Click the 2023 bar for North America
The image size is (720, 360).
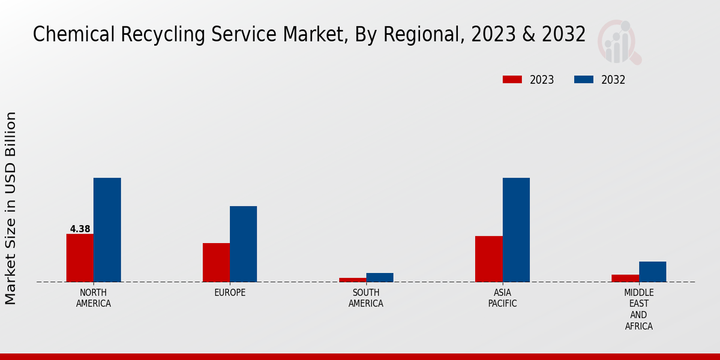pos(80,258)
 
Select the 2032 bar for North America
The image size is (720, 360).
pos(107,230)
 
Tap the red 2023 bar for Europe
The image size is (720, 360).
pos(216,262)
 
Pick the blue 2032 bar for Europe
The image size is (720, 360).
pos(243,244)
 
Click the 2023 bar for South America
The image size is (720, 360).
pos(352,280)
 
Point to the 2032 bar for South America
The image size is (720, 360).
pos(380,277)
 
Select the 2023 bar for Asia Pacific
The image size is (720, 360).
pos(488,259)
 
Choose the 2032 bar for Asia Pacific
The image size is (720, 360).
pos(516,230)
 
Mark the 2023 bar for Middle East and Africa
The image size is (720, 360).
pos(625,278)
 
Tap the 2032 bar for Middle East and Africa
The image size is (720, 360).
pos(652,272)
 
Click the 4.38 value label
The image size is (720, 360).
pos(80,229)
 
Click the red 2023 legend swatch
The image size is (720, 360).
pos(512,80)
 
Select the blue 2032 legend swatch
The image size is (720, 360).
pos(584,80)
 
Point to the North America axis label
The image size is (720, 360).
pos(94,298)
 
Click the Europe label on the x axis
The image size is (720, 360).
pos(230,293)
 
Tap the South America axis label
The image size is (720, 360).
pos(366,298)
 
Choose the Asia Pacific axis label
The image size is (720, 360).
pos(502,298)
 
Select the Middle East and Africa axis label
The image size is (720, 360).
pos(638,310)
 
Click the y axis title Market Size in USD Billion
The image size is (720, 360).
pos(11,208)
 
